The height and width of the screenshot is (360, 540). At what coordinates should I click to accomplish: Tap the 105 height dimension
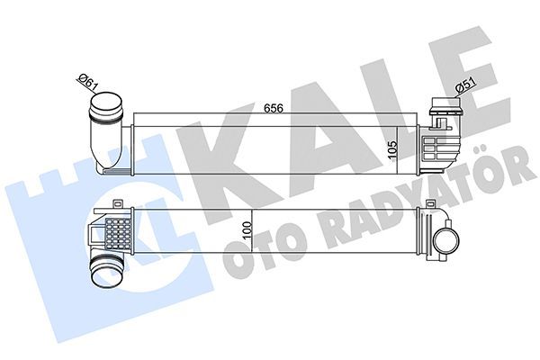pyautogui.click(x=393, y=149)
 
